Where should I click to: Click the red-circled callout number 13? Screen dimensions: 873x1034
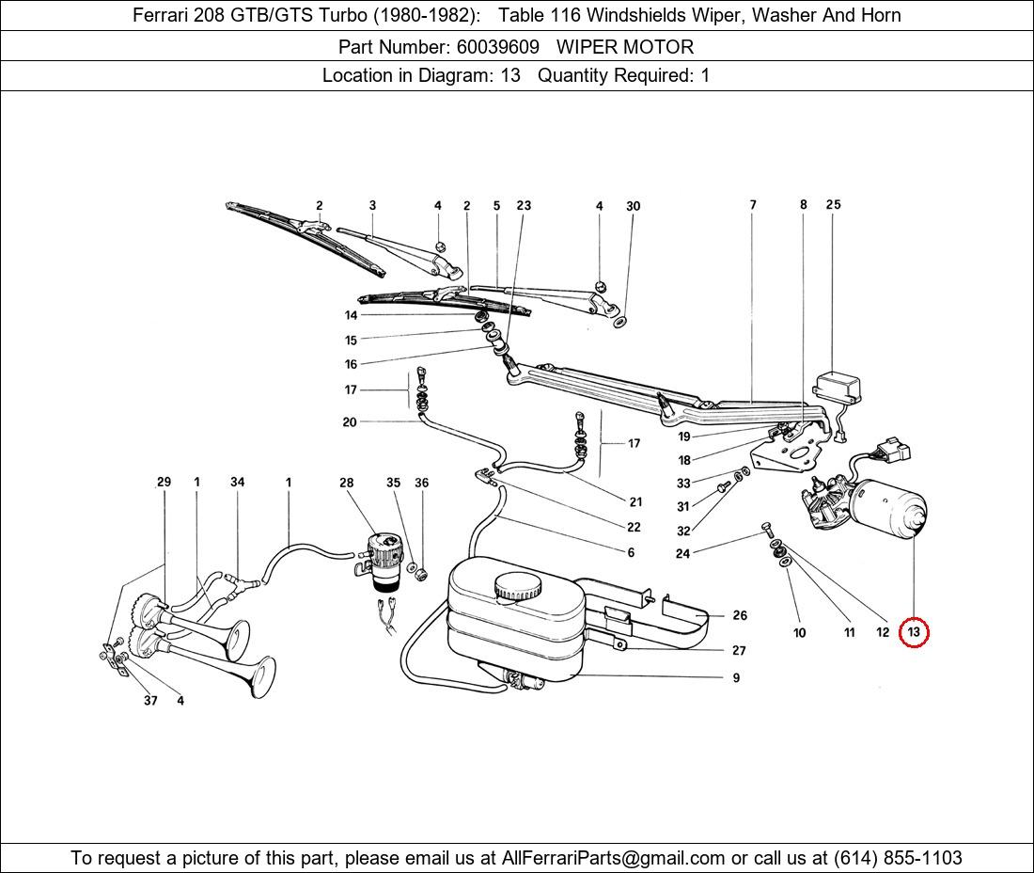click(x=913, y=633)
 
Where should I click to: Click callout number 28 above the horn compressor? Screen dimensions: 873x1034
click(x=347, y=483)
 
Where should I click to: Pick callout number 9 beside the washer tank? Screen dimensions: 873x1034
click(x=736, y=677)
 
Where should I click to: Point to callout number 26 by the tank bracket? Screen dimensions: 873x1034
click(x=740, y=615)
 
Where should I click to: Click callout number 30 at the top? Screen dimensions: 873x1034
click(x=633, y=206)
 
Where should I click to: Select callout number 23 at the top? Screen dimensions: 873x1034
click(x=524, y=206)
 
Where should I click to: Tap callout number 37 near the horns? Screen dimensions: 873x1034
click(x=150, y=700)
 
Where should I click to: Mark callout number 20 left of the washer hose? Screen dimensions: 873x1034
click(x=350, y=422)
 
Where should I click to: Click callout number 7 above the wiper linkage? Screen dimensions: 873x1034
click(x=753, y=205)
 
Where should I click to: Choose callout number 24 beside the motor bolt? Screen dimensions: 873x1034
click(x=682, y=553)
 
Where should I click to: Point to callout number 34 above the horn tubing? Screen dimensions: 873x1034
click(x=237, y=483)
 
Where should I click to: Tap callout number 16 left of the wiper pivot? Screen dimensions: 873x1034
click(x=351, y=364)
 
